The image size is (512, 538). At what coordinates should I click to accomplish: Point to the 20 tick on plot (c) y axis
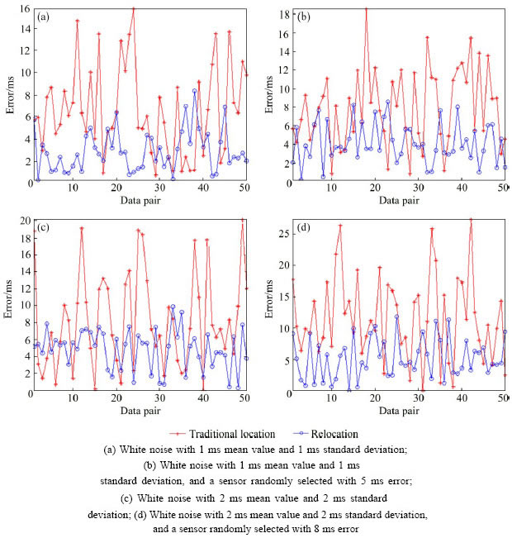(22, 221)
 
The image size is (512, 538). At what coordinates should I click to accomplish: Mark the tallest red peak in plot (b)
(367, 10)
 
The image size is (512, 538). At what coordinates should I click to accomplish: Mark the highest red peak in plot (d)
(471, 220)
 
